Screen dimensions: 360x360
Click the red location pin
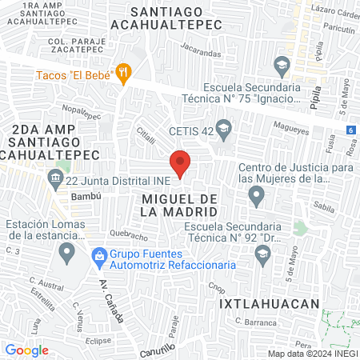(181, 162)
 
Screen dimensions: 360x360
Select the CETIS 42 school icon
(224, 126)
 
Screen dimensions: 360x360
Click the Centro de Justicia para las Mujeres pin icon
(256, 194)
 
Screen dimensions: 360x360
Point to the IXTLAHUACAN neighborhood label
(270, 304)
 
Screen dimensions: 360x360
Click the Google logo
(26, 350)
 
